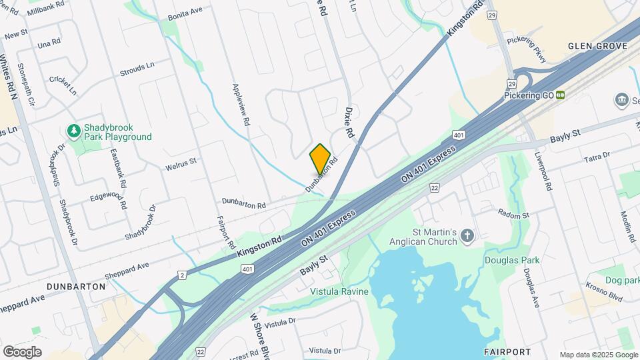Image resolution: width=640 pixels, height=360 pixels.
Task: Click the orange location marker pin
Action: (320, 159)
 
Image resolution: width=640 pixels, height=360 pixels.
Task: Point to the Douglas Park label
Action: (511, 260)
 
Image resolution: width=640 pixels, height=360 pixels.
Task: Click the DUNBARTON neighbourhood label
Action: (77, 286)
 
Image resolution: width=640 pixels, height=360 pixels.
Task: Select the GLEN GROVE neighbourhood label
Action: (597, 46)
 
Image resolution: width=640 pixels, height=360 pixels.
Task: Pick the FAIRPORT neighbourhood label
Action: (507, 351)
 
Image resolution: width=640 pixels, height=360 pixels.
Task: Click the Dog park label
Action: (623, 280)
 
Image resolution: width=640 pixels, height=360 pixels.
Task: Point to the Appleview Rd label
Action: (240, 105)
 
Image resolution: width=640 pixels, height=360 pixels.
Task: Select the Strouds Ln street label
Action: (137, 67)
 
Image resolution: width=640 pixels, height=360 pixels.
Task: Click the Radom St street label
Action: (514, 215)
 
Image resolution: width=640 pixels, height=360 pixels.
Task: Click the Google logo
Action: (22, 352)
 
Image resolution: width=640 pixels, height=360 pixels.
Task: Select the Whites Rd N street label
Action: (9, 77)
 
